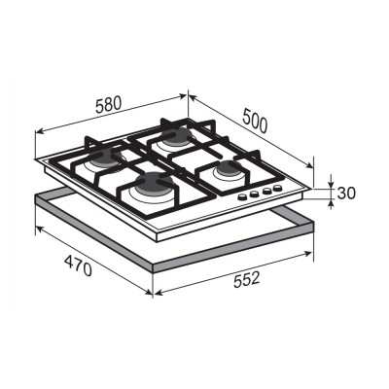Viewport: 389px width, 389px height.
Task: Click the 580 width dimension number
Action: [x=109, y=104]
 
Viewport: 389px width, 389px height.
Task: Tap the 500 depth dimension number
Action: [x=255, y=121]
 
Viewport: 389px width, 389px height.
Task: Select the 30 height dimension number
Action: [x=346, y=194]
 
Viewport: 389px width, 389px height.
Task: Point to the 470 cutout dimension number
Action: [x=78, y=265]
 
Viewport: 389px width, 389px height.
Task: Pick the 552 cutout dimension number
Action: [x=247, y=280]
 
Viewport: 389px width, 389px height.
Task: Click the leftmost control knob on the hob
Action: [x=242, y=196]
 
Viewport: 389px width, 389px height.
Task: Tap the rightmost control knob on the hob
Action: [x=277, y=188]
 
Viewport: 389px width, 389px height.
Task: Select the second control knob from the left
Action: [x=254, y=194]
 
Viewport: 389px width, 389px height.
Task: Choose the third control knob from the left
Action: [x=267, y=191]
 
